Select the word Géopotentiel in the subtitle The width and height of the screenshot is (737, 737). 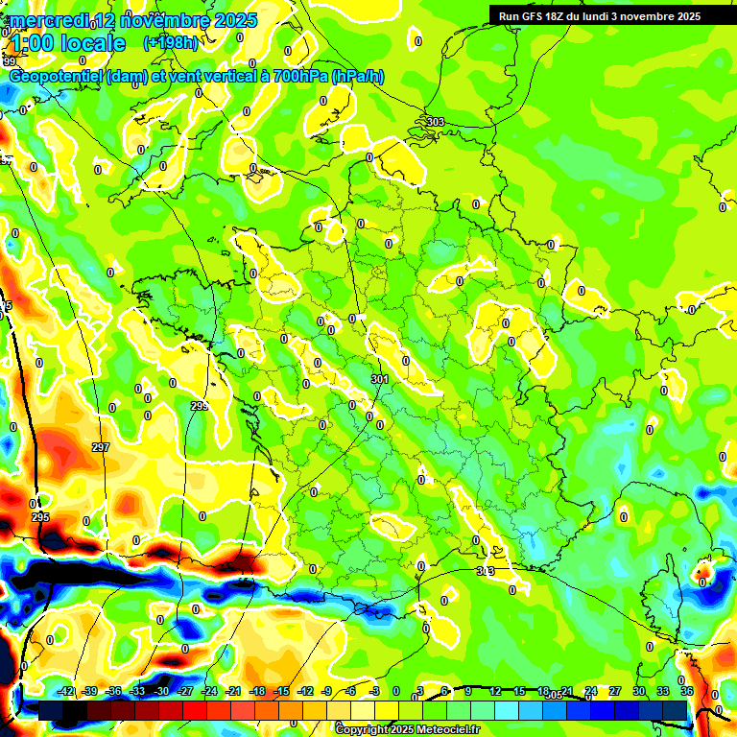pos(56,76)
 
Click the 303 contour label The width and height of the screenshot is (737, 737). pos(435,122)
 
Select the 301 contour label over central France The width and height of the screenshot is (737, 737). pos(379,380)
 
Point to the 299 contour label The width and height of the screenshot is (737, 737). pos(200,406)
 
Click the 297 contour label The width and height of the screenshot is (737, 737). pos(101,448)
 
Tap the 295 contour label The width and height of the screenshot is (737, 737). pos(40,517)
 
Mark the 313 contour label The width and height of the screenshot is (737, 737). pos(486,571)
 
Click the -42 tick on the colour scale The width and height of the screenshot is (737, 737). pos(66,691)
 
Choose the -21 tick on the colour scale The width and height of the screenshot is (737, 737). pos(233,691)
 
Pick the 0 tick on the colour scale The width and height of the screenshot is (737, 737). pos(396,691)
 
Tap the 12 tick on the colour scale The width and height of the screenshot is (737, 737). pos(494,691)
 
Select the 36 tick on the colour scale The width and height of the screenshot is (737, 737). pos(686,691)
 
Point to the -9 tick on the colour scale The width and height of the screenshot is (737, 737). pos(326,691)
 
